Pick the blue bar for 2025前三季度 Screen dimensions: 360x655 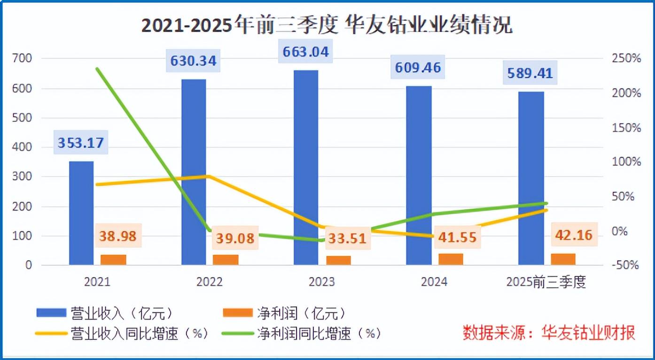tap(531, 178)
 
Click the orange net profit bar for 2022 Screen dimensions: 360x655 tap(226, 260)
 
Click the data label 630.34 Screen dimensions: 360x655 tap(194, 61)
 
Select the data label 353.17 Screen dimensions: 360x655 tap(81, 142)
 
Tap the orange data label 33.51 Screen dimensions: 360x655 tap(347, 238)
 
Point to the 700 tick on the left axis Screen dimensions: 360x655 tap(22, 59)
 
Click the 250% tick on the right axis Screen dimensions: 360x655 tap(626, 59)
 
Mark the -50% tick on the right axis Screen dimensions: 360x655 tap(625, 265)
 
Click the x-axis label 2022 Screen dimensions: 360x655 tap(210, 282)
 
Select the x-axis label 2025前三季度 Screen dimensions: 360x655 tap(546, 282)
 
